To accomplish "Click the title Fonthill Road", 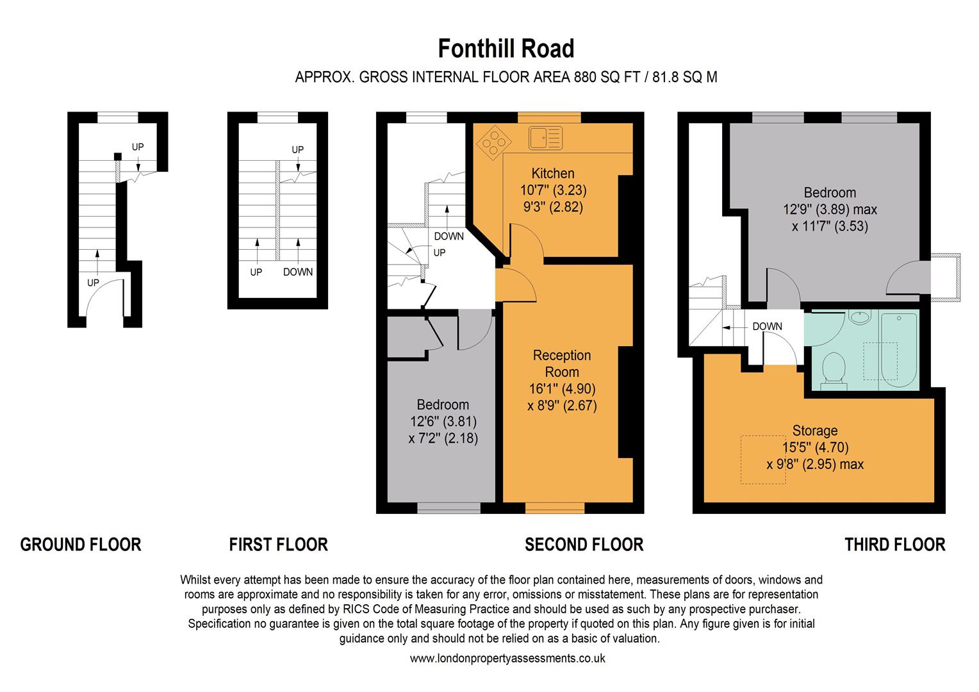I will pyautogui.click(x=506, y=49).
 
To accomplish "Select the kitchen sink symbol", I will pyautogui.click(x=545, y=137).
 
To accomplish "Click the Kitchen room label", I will pyautogui.click(x=553, y=173).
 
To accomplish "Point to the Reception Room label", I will pyautogui.click(x=562, y=363).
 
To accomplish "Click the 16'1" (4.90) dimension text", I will pyautogui.click(x=562, y=388).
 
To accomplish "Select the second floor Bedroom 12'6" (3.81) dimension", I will pyautogui.click(x=443, y=422).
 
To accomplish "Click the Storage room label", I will pyautogui.click(x=815, y=431).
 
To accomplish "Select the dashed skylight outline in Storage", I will pyautogui.click(x=763, y=460).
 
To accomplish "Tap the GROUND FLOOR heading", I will pyautogui.click(x=81, y=545).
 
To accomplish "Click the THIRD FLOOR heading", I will pyautogui.click(x=894, y=545).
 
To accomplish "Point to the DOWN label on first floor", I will pyautogui.click(x=298, y=272).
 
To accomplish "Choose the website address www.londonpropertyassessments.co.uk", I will pyautogui.click(x=507, y=658).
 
